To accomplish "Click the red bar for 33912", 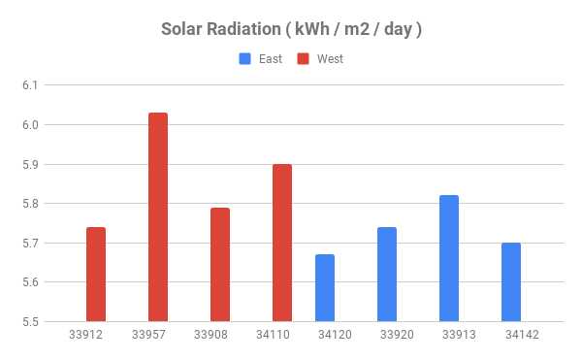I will point(96,274).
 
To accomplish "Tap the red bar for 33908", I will point(220,264).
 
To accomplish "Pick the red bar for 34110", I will point(282,243).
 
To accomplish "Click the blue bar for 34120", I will point(325,287).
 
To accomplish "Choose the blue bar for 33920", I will point(387,274).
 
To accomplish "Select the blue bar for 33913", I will point(449,258).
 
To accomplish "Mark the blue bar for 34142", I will point(511,281).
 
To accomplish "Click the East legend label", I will point(270,59).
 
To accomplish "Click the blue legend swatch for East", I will point(245,59).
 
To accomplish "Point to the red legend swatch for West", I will point(304,59).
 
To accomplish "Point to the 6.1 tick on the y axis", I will point(28,85).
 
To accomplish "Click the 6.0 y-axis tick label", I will point(28,125).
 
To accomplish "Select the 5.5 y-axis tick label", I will point(28,322).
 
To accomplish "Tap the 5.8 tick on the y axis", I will point(28,204).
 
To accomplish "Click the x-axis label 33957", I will point(148,336).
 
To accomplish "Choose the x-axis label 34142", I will point(521,336).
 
